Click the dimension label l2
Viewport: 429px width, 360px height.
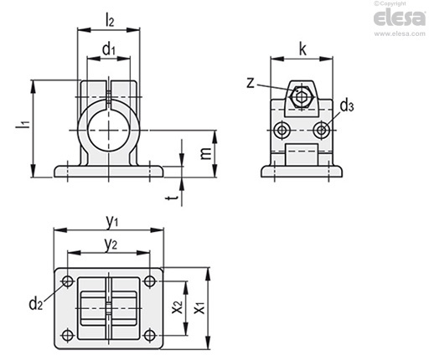[110, 20]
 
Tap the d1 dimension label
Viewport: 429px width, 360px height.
[109, 49]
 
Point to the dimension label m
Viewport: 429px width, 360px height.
[206, 153]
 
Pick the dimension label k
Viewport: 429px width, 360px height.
[302, 49]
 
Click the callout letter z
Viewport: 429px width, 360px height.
[251, 83]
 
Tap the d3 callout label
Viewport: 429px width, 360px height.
[347, 106]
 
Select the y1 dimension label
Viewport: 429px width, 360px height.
[112, 222]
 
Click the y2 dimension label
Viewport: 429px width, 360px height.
[111, 244]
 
